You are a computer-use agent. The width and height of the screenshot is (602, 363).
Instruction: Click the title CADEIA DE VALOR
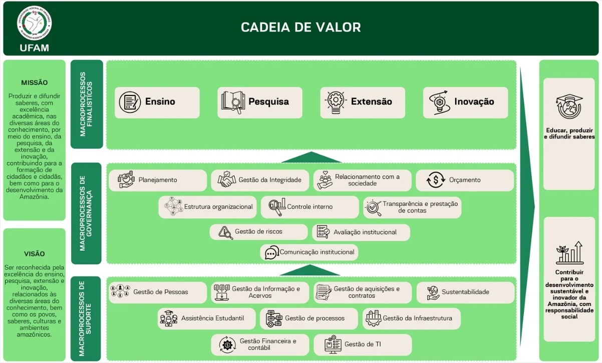(x=300, y=27)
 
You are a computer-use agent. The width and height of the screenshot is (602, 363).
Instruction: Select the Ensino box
(x=157, y=102)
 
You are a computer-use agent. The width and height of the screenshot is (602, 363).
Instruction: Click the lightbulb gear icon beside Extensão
(x=336, y=102)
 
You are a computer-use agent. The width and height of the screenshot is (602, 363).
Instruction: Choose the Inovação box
(x=465, y=102)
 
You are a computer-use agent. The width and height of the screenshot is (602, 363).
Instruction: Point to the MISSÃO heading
(x=35, y=82)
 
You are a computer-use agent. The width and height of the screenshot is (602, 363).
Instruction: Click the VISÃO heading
(x=35, y=254)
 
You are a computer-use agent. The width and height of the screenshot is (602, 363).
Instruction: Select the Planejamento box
(x=157, y=180)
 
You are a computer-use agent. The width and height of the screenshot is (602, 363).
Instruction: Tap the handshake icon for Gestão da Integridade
(x=227, y=180)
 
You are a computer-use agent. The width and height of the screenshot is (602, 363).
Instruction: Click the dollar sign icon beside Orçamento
(x=436, y=180)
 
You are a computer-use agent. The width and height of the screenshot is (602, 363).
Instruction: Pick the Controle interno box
(x=310, y=206)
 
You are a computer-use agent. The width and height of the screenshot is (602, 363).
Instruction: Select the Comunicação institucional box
(x=309, y=252)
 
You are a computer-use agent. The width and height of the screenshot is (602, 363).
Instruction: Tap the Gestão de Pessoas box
(x=157, y=292)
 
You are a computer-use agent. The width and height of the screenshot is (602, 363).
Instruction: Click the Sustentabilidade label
(x=465, y=292)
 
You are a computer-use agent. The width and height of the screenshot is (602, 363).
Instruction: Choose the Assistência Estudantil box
(x=207, y=318)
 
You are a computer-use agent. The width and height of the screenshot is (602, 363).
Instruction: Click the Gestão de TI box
(x=362, y=344)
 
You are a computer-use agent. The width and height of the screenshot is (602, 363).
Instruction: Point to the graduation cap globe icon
(x=569, y=106)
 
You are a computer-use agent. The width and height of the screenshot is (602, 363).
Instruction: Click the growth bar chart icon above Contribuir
(x=569, y=253)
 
